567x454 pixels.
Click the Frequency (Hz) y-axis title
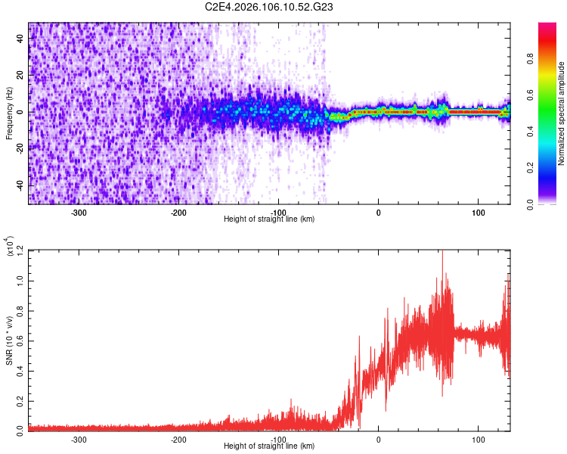point(9,113)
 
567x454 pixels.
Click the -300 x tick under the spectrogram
point(79,213)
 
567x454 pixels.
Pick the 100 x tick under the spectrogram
point(479,213)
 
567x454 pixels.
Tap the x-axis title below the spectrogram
point(269,219)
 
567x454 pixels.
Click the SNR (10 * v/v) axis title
point(9,340)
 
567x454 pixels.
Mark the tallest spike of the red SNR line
point(442,252)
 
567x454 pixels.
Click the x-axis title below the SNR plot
point(269,446)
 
